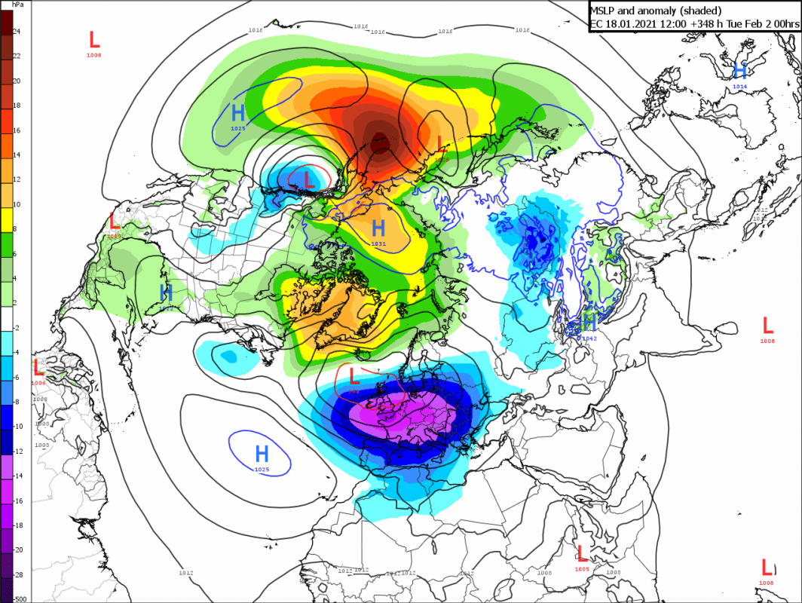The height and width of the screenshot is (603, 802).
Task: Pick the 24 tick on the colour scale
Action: (17, 32)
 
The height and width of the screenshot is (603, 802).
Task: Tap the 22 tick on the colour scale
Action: (17, 56)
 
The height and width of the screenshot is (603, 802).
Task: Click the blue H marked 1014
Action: (740, 71)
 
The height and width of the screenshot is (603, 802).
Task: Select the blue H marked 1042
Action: (589, 323)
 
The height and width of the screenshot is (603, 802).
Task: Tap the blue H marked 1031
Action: (378, 227)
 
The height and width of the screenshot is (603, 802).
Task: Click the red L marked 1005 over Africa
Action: (581, 553)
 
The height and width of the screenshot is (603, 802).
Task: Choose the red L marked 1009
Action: (115, 222)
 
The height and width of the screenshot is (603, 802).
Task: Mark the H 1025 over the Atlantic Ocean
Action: (262, 454)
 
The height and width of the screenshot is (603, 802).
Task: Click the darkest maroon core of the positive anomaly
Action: (381, 141)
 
